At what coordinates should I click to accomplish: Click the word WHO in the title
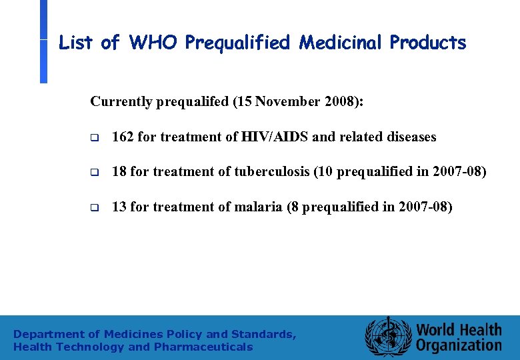154,43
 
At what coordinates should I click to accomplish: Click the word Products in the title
428,43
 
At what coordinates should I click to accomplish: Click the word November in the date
287,101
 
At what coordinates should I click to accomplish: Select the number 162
123,137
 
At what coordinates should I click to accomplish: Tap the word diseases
411,137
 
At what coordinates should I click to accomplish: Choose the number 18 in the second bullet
119,172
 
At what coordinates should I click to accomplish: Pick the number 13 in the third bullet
119,207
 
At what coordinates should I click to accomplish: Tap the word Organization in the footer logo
459,345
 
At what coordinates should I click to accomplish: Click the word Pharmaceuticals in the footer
203,347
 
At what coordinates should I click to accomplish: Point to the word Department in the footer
48,334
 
